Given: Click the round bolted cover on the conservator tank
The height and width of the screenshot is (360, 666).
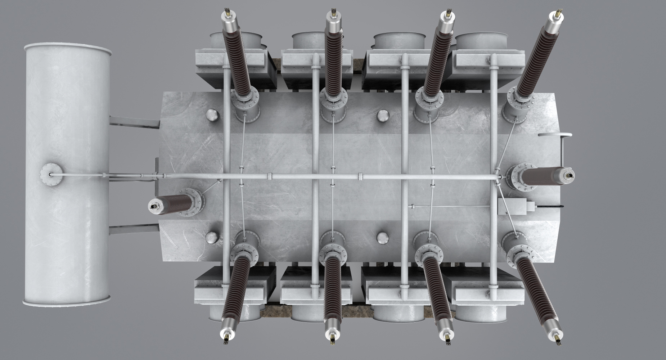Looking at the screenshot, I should coord(50,175).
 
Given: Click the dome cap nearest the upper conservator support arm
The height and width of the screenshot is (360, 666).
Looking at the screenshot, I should coord(212,116).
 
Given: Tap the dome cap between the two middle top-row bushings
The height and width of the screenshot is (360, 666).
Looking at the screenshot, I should coord(382,116).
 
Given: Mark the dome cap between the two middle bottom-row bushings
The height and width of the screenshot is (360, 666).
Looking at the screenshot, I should coord(382,237).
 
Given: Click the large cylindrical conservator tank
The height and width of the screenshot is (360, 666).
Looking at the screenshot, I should coord(67,173).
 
